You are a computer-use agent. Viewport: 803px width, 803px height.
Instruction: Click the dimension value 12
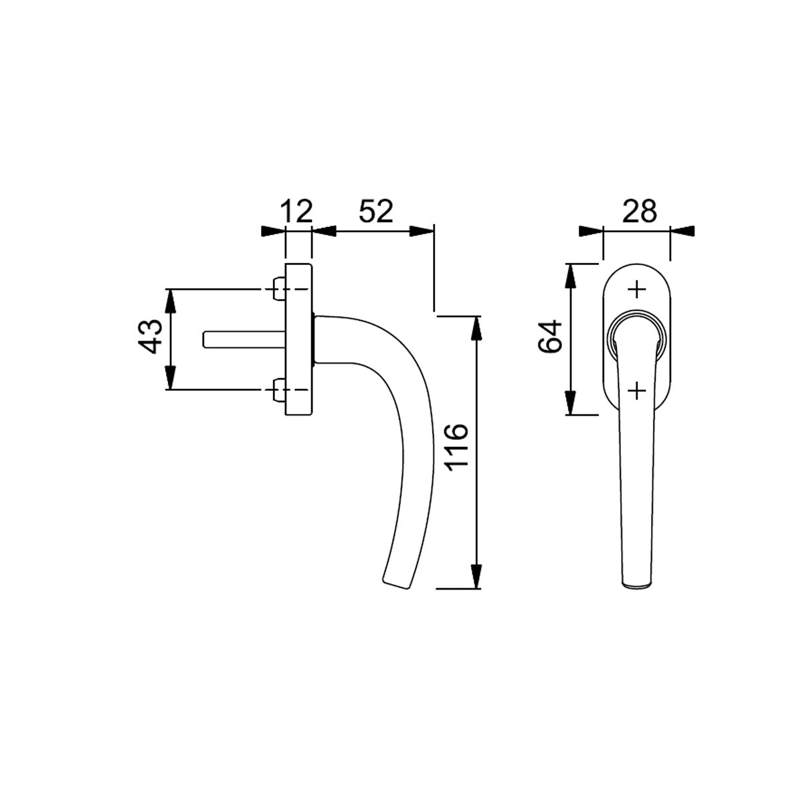[x=297, y=211]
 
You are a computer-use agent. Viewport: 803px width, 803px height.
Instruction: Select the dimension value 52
[x=376, y=211]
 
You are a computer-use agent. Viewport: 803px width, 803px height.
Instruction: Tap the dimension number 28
[x=639, y=211]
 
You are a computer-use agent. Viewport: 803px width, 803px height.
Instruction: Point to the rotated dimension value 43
[x=150, y=337]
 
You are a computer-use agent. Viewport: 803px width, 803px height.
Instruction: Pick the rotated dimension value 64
[x=551, y=337]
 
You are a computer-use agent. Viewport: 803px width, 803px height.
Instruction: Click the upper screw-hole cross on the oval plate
[x=636, y=289]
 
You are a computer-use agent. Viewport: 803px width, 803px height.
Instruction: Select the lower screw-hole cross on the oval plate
[x=636, y=390]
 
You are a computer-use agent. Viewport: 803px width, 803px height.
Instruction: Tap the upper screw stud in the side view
[x=278, y=289]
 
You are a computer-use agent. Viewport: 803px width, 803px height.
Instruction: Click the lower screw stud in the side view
[x=278, y=389]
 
